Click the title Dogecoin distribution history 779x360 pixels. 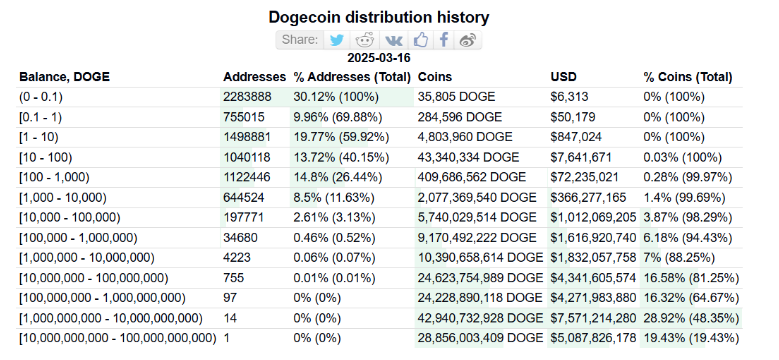pyautogui.click(x=379, y=18)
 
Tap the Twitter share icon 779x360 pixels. pyautogui.click(x=337, y=40)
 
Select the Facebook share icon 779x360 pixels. pyautogui.click(x=444, y=40)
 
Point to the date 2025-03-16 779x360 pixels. pyautogui.click(x=379, y=59)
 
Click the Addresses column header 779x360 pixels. pyautogui.click(x=254, y=77)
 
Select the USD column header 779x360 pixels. pyautogui.click(x=564, y=77)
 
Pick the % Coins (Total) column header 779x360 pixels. pyautogui.click(x=688, y=77)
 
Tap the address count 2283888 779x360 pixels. pyautogui.click(x=247, y=97)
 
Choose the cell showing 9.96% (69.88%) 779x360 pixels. pyautogui.click(x=341, y=117)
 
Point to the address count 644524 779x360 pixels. pyautogui.click(x=244, y=197)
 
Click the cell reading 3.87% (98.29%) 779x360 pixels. pyautogui.click(x=689, y=217)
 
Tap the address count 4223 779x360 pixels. pyautogui.click(x=237, y=257)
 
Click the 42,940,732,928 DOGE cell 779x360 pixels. pyautogui.click(x=481, y=317)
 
